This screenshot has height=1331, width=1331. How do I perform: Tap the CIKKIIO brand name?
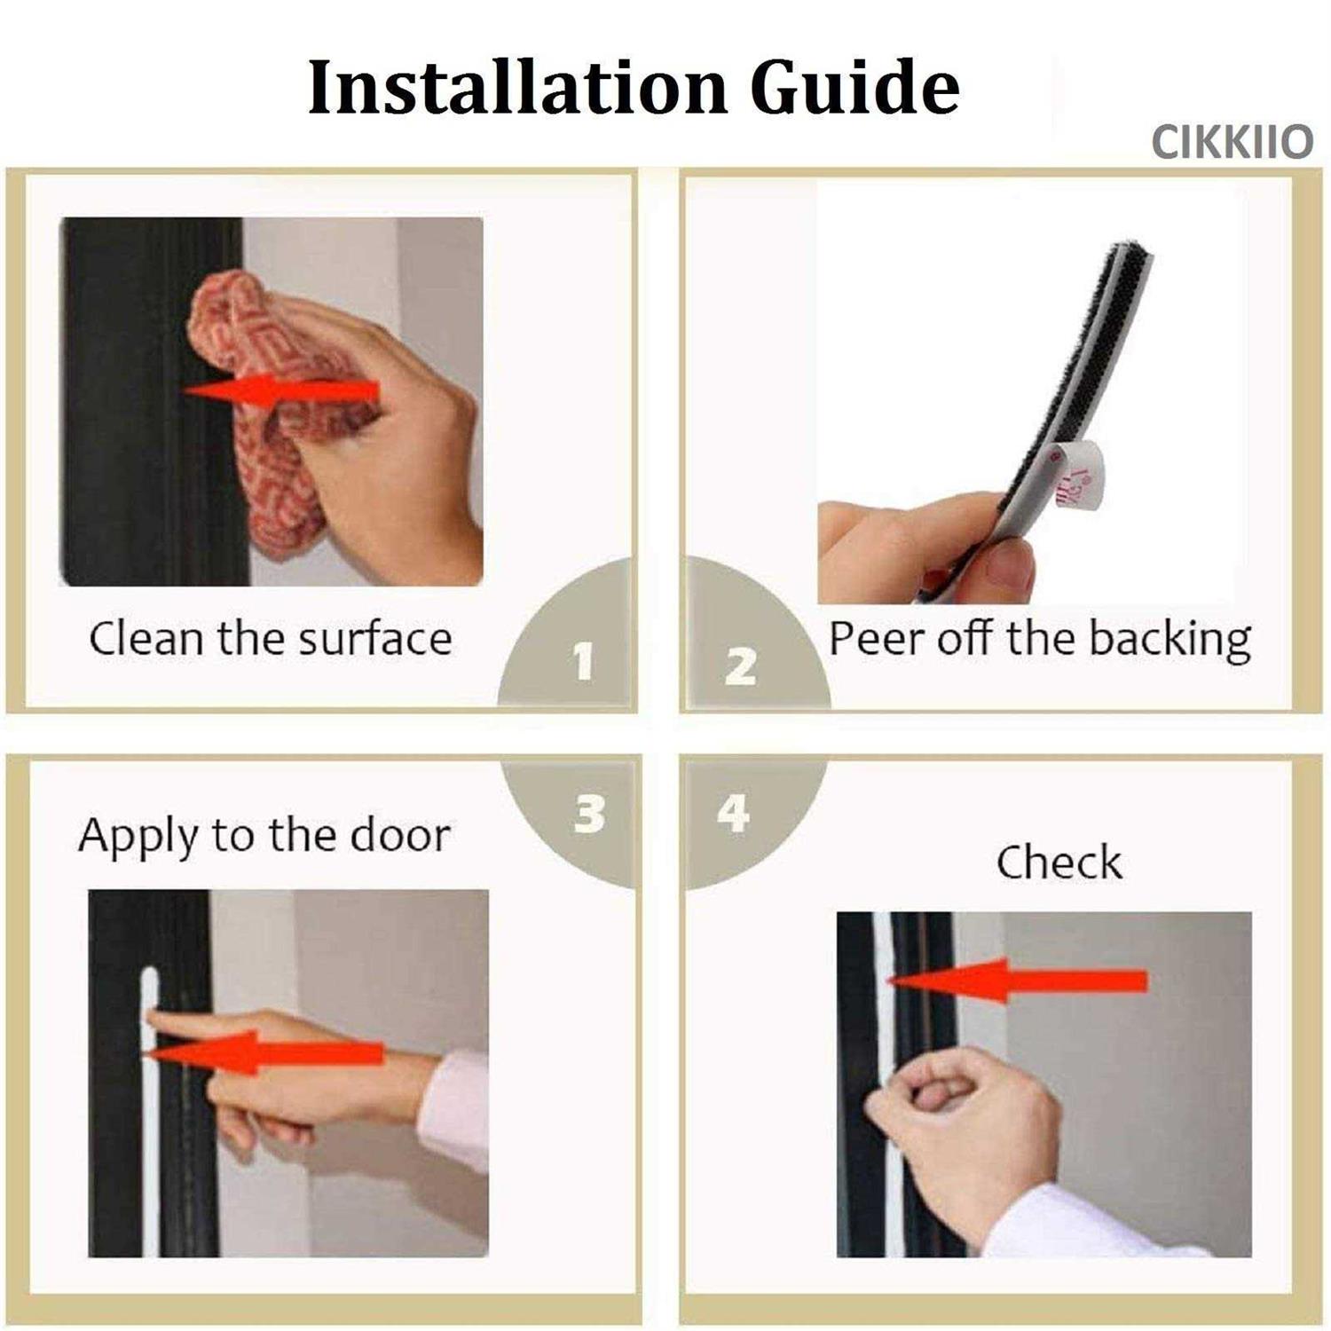tap(1233, 142)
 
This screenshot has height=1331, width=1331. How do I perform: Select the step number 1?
tap(583, 662)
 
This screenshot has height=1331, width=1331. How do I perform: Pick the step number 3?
tap(589, 814)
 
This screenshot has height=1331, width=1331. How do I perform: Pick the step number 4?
tap(733, 813)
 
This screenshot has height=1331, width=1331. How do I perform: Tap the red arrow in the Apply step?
tap(262, 1053)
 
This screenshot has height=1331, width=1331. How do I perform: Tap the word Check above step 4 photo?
tap(1059, 862)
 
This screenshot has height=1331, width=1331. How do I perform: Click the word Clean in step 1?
tap(146, 639)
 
